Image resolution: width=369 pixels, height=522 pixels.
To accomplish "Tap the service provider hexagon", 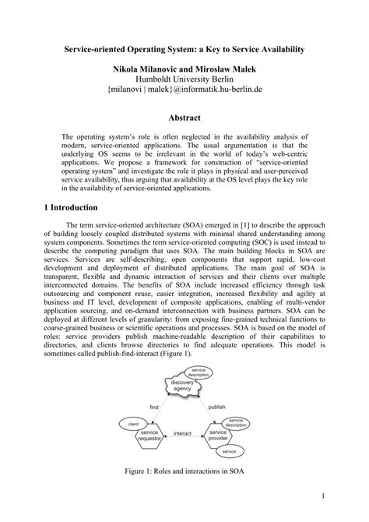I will point(217,435).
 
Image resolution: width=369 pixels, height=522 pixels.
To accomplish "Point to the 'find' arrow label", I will point(155,407).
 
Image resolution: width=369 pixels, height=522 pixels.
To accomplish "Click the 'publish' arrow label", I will point(216,407).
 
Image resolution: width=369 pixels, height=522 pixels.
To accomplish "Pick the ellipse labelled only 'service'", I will point(229,451).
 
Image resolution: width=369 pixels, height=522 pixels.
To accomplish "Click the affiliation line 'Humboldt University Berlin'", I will point(184,80).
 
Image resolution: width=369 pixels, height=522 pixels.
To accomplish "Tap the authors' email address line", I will point(184,91).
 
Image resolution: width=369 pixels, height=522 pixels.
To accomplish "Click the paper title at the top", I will point(184,49).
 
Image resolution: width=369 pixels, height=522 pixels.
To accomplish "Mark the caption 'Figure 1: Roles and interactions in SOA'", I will point(184,471).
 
